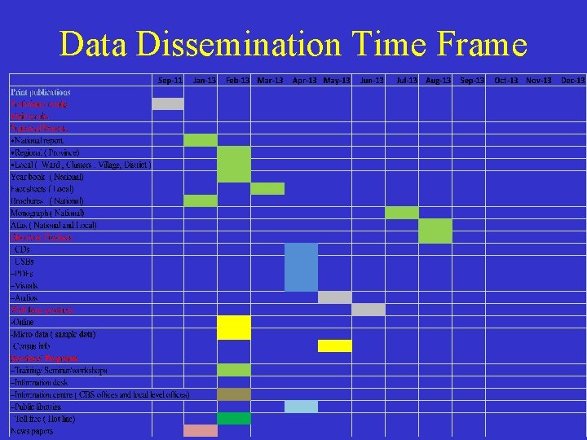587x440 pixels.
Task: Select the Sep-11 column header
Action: (x=170, y=80)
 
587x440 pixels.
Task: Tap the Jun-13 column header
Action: (x=372, y=80)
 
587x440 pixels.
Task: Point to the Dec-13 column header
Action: (x=573, y=80)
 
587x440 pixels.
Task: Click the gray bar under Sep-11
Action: (x=168, y=103)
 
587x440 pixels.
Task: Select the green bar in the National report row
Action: (x=201, y=140)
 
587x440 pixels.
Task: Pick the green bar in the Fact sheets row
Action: (x=267, y=188)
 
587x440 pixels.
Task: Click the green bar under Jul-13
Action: (x=402, y=213)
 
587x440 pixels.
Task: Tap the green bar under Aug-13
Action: (x=435, y=231)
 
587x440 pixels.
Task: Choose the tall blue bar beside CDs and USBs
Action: (x=301, y=267)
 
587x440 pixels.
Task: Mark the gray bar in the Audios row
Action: (x=335, y=297)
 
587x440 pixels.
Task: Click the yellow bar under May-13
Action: (x=335, y=345)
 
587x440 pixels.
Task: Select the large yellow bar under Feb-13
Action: (x=234, y=328)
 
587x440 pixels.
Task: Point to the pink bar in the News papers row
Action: (x=201, y=430)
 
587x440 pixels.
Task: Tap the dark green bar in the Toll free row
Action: (x=234, y=418)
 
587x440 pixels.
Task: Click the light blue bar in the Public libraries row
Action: (x=301, y=406)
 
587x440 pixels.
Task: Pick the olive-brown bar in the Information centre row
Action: (x=234, y=394)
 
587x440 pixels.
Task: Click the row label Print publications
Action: (x=40, y=92)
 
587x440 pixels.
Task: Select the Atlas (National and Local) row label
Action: (x=54, y=225)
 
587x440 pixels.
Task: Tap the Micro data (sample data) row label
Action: (x=53, y=334)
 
